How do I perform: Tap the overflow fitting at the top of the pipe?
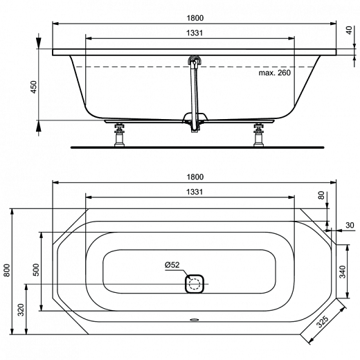click(x=195, y=62)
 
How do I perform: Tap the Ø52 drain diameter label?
click(x=172, y=264)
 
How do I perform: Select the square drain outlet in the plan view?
click(x=195, y=282)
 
